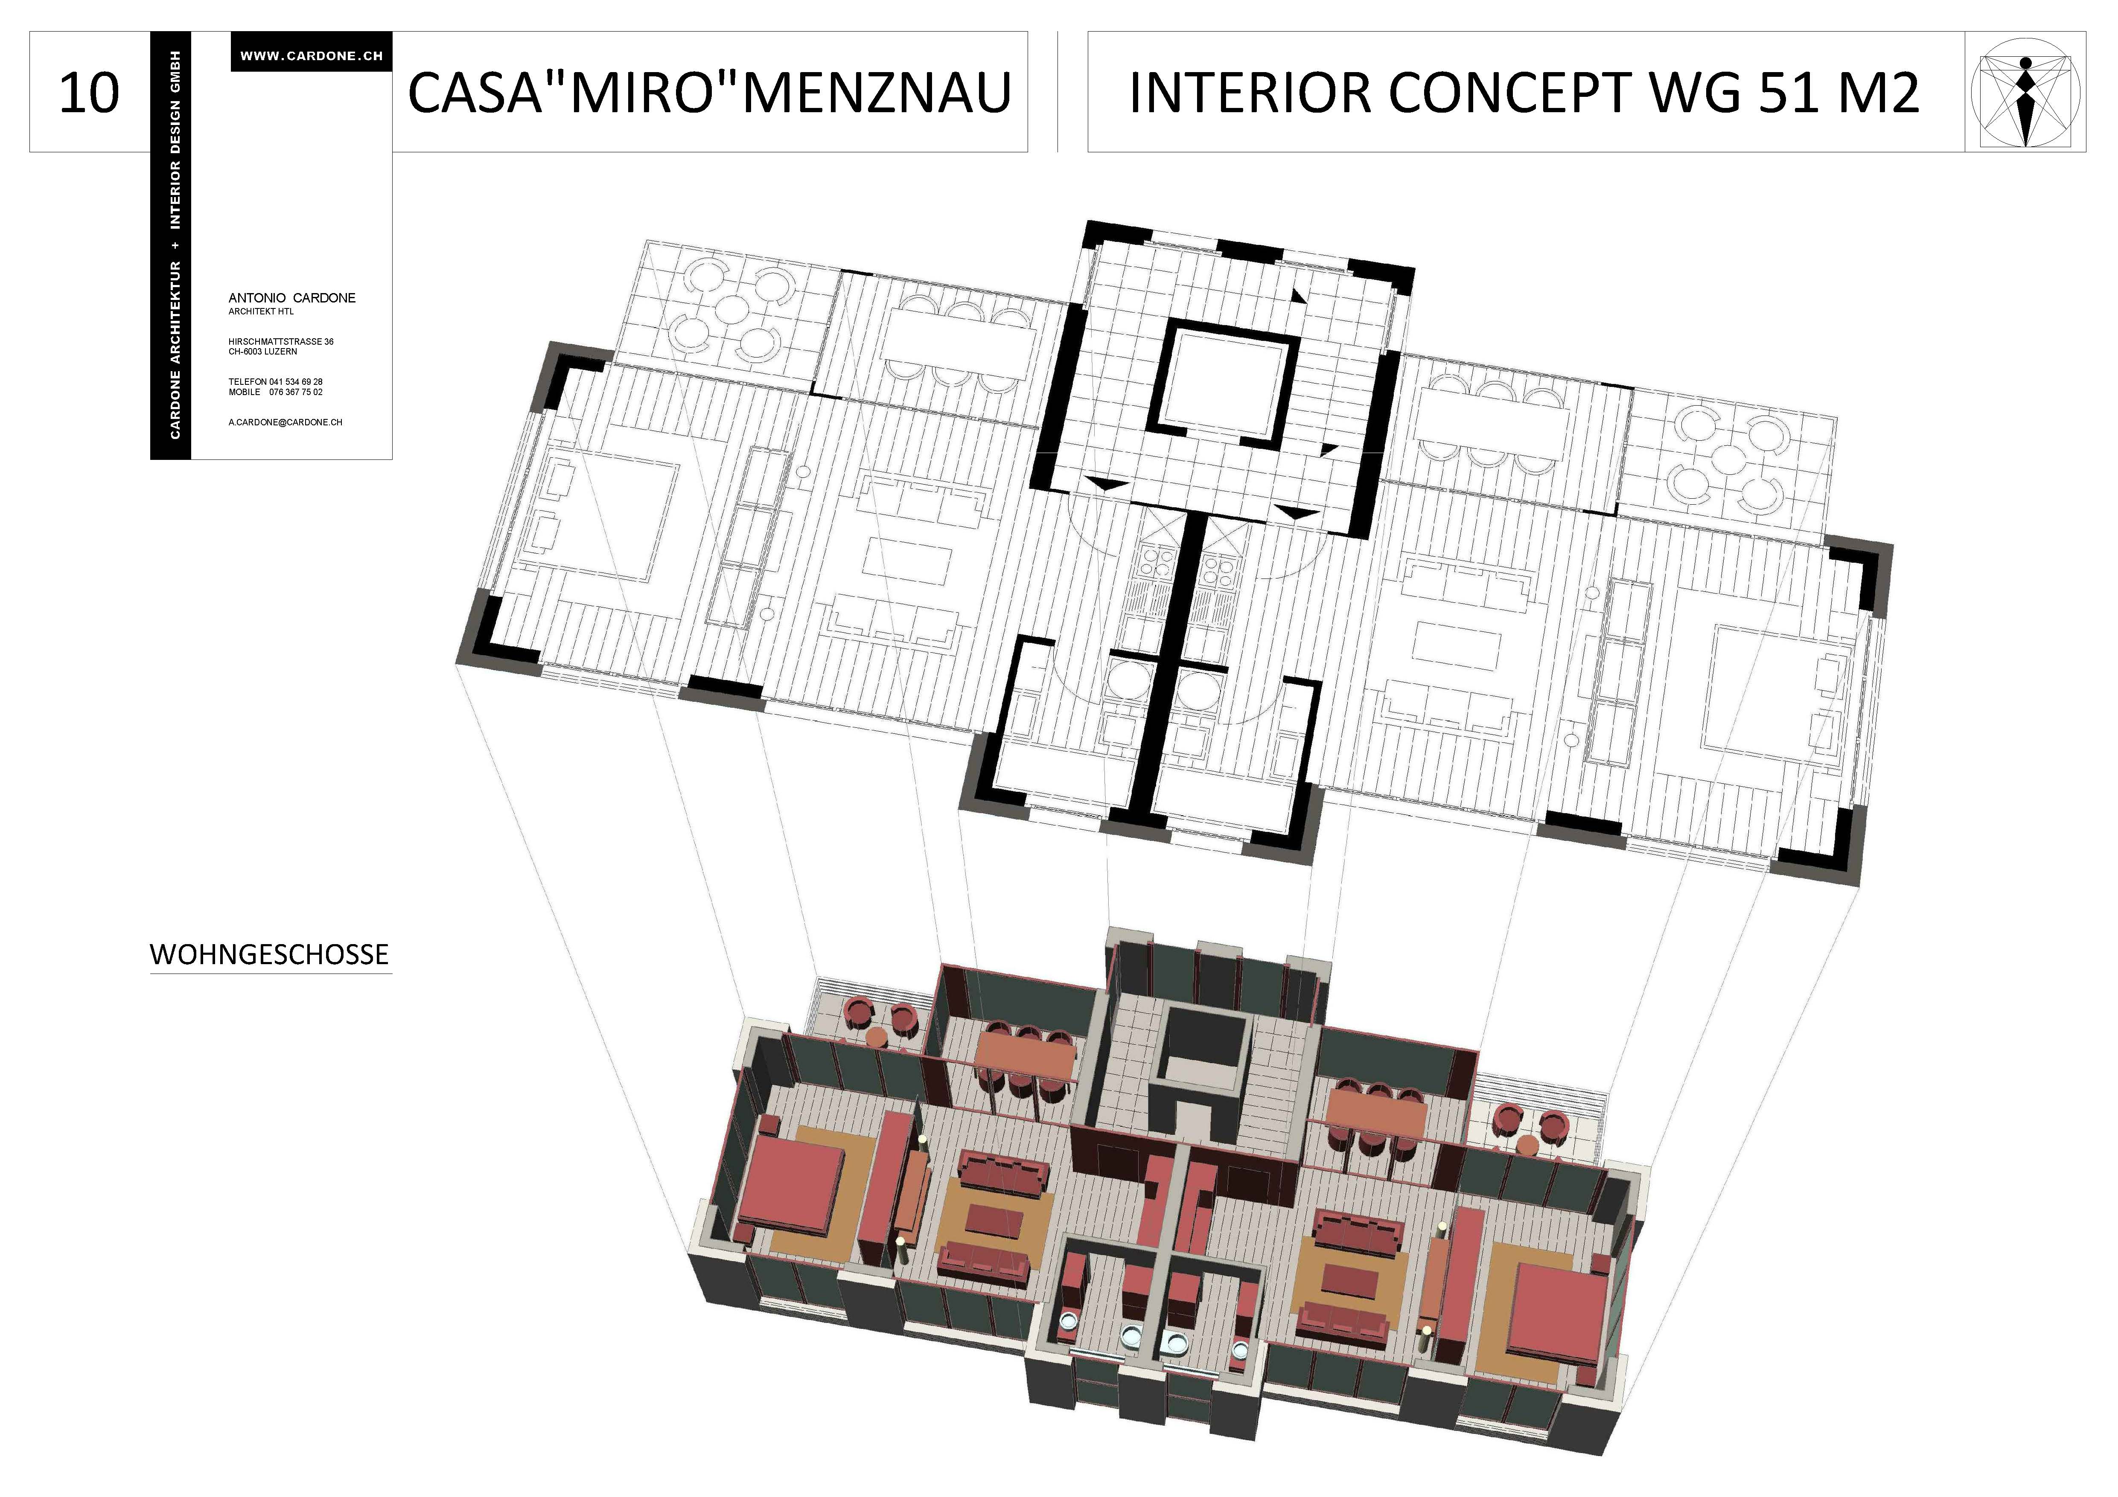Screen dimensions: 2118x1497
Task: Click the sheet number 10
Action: [x=90, y=93]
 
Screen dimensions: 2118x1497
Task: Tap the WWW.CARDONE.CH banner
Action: [x=312, y=55]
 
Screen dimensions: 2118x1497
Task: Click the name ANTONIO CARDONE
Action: [x=291, y=298]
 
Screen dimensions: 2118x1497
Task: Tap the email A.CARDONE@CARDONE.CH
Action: [x=285, y=422]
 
